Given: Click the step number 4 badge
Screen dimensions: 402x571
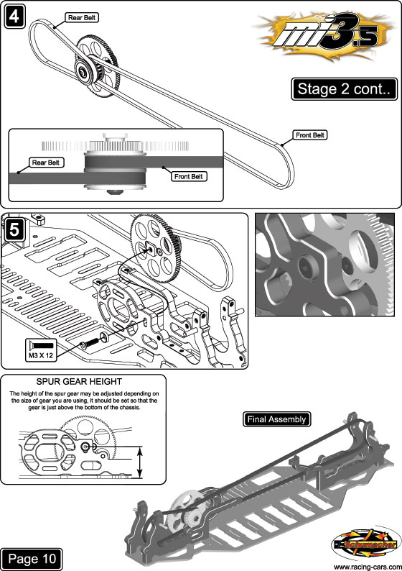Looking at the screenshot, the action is coord(15,17).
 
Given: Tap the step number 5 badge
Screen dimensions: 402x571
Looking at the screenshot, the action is coord(14,230).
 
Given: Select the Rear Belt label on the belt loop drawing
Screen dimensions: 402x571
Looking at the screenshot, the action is coord(82,17).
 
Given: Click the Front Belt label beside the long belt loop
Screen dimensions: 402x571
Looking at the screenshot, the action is coord(310,135).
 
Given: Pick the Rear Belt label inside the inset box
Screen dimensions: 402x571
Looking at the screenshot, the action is coord(46,163).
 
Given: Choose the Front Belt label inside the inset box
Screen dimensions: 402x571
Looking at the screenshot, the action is coord(189,176).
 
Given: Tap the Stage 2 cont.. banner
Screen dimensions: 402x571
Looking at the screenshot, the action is coord(344,89).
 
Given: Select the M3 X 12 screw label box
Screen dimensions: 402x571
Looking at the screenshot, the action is coord(41,350).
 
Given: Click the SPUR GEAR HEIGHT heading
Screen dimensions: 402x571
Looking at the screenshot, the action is coord(79,381).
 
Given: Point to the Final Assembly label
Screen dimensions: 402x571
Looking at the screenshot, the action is coord(276,419).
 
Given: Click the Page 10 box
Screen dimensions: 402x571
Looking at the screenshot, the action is coord(32,559).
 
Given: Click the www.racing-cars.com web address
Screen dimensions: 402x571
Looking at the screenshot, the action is coord(367,567).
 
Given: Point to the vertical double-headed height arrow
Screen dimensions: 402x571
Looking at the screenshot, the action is coord(140,462).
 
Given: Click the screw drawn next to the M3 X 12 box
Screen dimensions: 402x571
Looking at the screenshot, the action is coord(90,343).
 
